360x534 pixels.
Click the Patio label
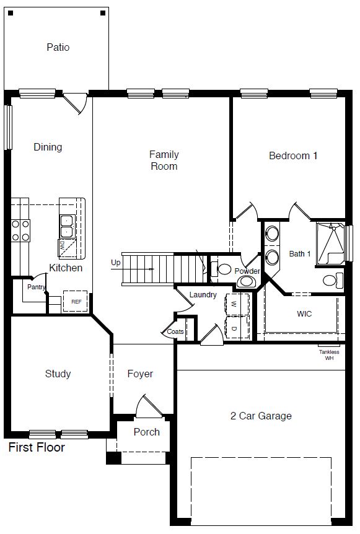coord(58,47)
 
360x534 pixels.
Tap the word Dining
coord(48,147)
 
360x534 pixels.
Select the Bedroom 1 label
coord(293,155)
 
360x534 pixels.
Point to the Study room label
coord(58,374)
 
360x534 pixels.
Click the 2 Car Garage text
coord(261,416)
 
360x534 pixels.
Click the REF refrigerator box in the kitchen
coord(76,301)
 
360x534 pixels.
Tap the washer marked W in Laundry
coord(236,304)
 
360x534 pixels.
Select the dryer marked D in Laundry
coord(236,327)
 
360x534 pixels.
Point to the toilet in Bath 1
coord(333,280)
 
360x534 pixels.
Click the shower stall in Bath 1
coord(331,243)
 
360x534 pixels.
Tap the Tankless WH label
coord(329,355)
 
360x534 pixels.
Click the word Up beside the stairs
coord(116,263)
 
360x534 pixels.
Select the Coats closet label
coord(175,331)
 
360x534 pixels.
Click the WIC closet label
coord(304,313)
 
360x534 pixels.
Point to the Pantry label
coord(36,287)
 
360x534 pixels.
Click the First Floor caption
coord(37,447)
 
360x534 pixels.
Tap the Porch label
coord(146,432)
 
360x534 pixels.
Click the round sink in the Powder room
coord(245,282)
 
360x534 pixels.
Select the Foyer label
coord(140,374)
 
